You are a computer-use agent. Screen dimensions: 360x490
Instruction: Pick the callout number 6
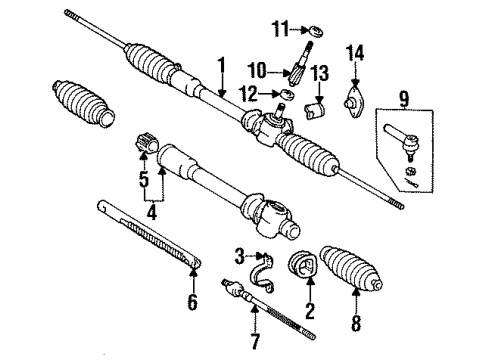tap(193, 300)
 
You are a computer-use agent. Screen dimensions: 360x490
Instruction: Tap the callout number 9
tap(403, 99)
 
